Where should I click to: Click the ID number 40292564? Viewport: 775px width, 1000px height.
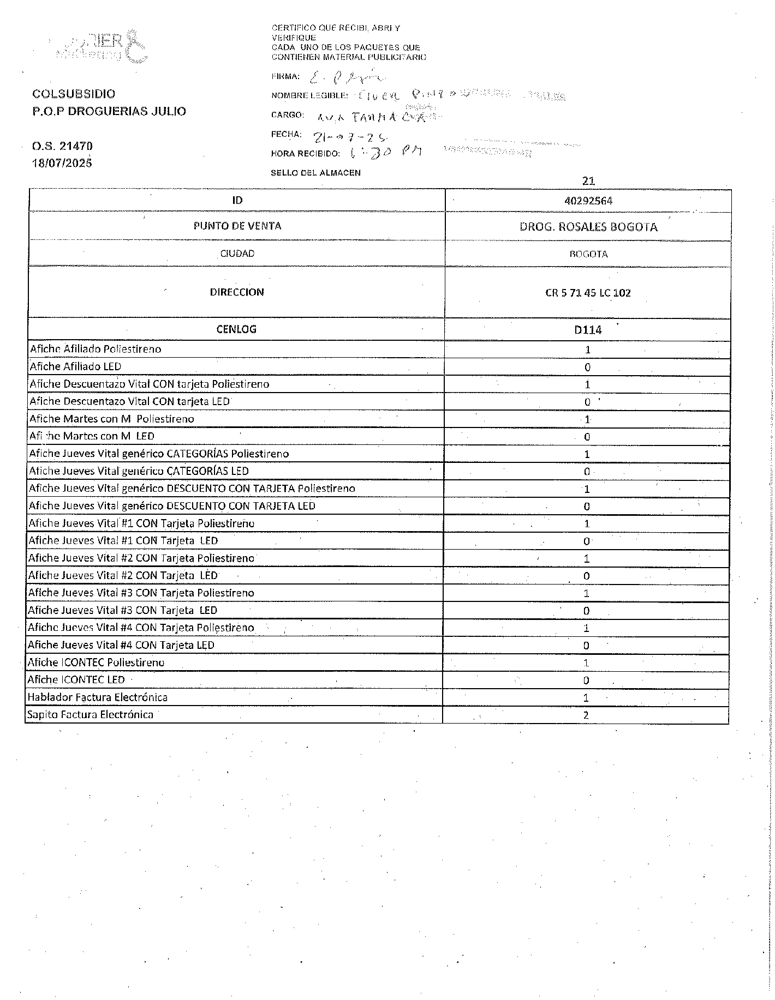[x=588, y=201]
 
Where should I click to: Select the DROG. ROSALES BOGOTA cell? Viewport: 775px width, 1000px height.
[x=588, y=227]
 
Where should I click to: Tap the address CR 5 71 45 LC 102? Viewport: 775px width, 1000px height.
[x=588, y=293]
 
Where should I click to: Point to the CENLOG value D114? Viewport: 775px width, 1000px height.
[x=588, y=330]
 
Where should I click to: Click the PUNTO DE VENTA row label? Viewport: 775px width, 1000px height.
[x=237, y=226]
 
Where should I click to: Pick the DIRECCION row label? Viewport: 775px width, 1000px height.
[x=237, y=292]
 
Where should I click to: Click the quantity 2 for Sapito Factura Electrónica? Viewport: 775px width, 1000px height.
[x=586, y=715]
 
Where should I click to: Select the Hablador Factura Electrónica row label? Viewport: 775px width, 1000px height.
[x=98, y=697]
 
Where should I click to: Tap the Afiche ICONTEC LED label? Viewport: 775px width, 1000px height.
[x=76, y=680]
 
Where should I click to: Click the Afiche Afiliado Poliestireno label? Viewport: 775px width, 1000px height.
[x=96, y=349]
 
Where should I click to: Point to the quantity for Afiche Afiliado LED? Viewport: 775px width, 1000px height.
[x=587, y=368]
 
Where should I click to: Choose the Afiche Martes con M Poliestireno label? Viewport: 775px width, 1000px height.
[x=112, y=419]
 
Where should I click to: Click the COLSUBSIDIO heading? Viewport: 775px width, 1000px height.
[x=74, y=94]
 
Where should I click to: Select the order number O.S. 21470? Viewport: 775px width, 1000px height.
[x=62, y=146]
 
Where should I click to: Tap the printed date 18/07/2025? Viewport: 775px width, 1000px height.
[x=62, y=163]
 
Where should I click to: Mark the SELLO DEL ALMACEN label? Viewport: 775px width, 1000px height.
[x=315, y=173]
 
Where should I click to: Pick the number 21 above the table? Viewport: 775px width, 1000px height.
[x=588, y=180]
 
